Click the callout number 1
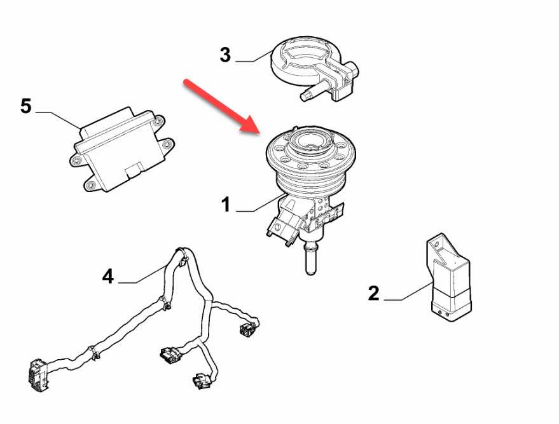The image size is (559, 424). point(226,205)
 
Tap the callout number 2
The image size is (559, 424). point(373,294)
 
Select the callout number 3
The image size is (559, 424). point(225,55)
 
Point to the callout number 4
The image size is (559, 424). point(107,277)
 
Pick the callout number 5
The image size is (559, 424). point(25,106)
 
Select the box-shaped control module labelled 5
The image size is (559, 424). point(121,149)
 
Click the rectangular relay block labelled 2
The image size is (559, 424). point(449,278)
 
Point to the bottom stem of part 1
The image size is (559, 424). point(310,258)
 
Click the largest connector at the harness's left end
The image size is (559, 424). point(38,376)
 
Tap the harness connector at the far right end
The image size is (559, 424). point(249,328)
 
